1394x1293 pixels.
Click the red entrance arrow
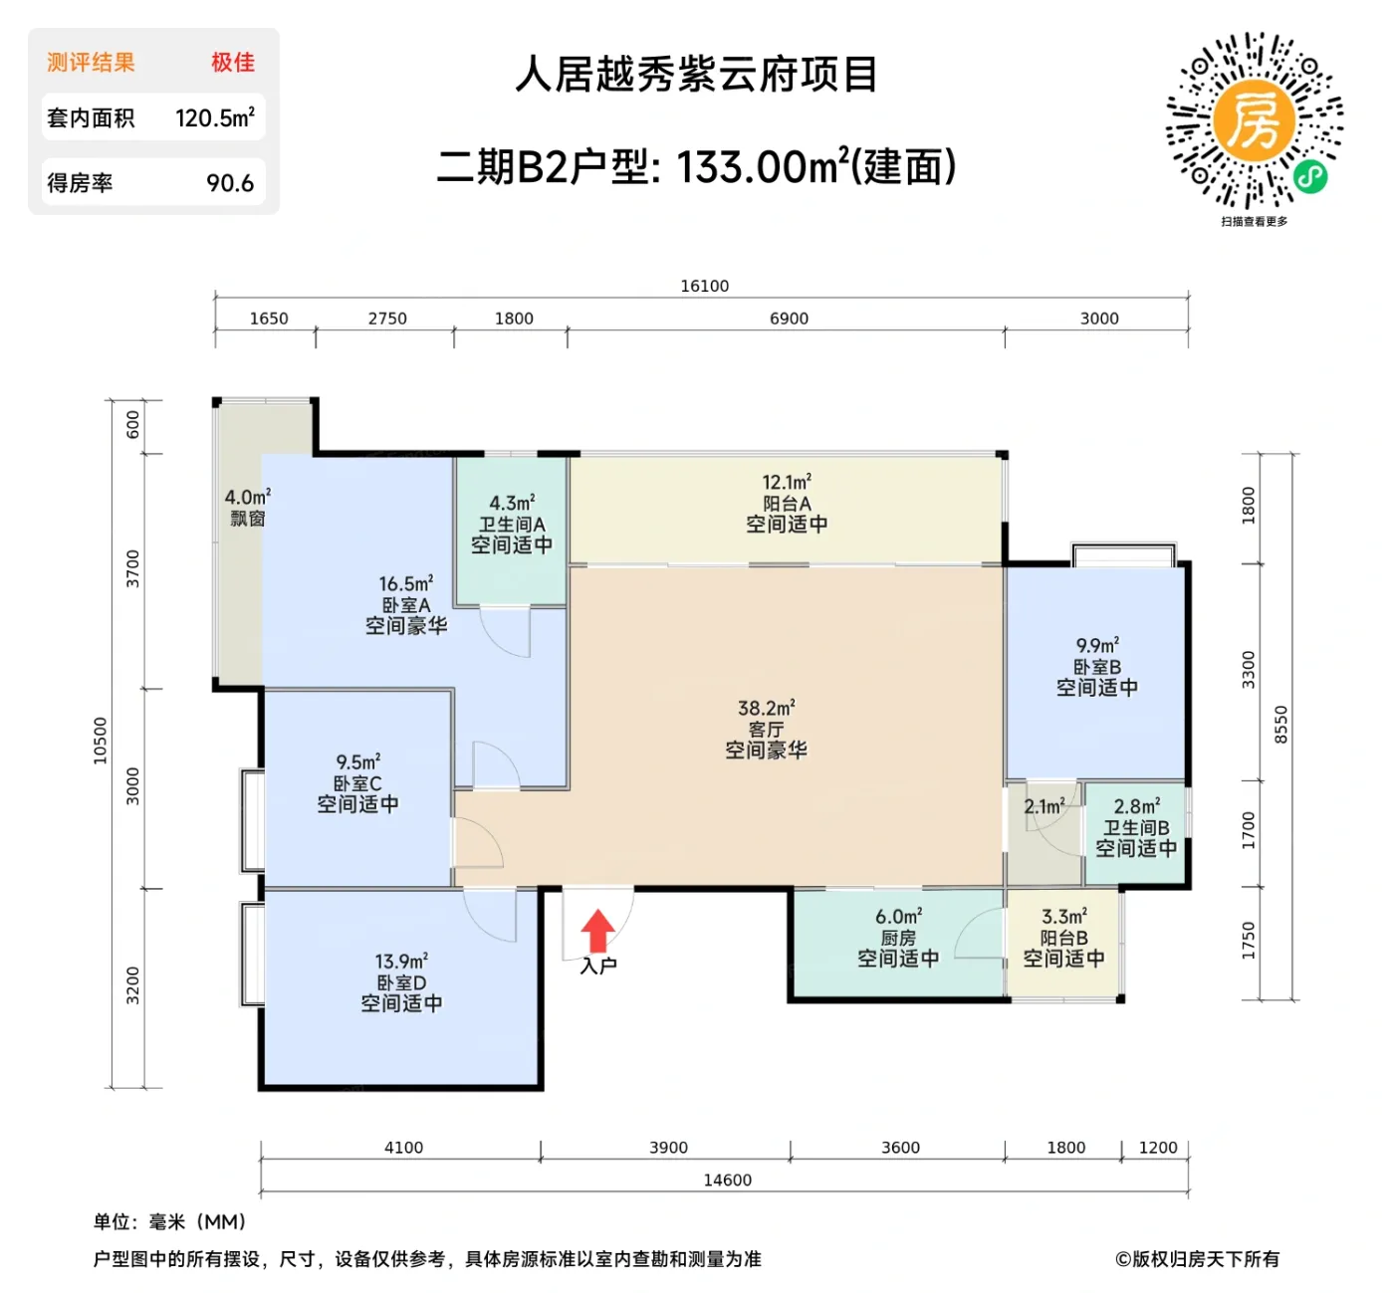[x=597, y=932]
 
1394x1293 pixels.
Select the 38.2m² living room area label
[x=766, y=709]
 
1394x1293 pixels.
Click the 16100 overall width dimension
[x=704, y=286]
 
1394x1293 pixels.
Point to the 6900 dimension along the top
[x=789, y=319]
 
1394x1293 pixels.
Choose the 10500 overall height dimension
[x=100, y=741]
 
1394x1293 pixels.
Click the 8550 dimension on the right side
[x=1281, y=725]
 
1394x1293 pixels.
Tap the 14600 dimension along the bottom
[x=727, y=1180]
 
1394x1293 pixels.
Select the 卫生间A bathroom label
[x=512, y=525]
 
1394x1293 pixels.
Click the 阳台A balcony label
[x=787, y=504]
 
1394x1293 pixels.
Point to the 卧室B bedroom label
[x=1096, y=667]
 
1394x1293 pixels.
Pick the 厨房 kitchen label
[x=897, y=938]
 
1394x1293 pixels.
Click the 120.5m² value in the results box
[x=215, y=117]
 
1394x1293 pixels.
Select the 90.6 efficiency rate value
[x=230, y=183]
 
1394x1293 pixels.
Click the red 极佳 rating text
[x=232, y=62]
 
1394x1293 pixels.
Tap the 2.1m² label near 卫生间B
[x=1044, y=806]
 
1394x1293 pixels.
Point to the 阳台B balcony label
[x=1063, y=938]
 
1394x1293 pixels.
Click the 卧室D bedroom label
[x=401, y=982]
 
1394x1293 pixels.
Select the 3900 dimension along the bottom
[x=668, y=1148]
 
